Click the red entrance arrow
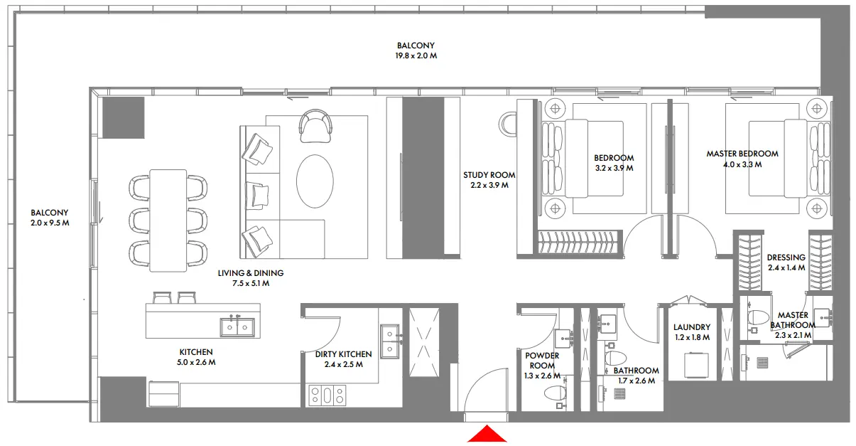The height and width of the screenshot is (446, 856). pos(487,433)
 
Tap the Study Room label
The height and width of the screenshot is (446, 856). pos(489,175)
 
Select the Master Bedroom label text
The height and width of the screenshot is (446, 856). pos(742,154)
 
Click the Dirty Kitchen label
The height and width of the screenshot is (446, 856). pos(343,354)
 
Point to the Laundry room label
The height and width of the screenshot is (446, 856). pos(691,328)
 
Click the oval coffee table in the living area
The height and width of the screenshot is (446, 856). pos(314,182)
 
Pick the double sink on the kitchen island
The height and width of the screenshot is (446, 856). pos(237,326)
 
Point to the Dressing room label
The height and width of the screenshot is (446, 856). pos(786,257)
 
